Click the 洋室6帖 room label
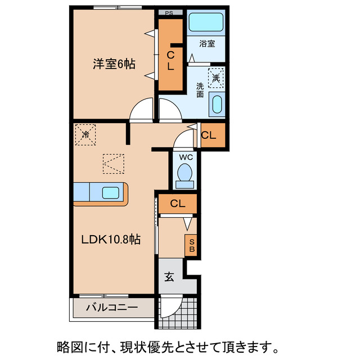pos(114,64)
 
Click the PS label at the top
pos(169,12)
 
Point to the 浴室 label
pos(207,43)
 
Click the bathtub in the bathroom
pos(206,22)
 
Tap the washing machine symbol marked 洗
pos(216,77)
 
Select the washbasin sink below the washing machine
pos(217,104)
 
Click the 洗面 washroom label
pos(200,91)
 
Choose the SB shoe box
pos(191,245)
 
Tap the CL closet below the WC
pos(175,204)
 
